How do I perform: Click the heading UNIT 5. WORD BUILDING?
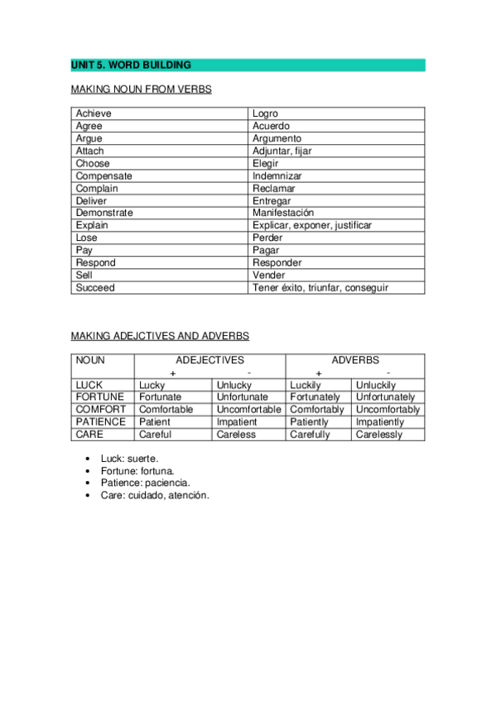pos(131,65)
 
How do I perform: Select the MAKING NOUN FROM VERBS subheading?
pos(141,89)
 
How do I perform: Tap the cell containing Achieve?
pos(94,113)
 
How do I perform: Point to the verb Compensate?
pos(104,175)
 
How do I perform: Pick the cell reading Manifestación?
pos(283,213)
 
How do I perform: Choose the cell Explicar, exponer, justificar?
pos(312,225)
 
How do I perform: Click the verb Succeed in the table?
pos(95,287)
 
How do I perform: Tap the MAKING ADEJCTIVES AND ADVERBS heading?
pos(160,335)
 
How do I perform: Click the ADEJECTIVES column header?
pos(209,360)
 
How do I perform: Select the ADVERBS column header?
pos(355,360)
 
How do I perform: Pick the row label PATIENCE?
pos(100,421)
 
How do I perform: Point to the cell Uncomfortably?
pos(388,410)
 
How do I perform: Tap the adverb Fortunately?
pos(315,397)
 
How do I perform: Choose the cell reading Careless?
pos(236,434)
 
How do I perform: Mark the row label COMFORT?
pos(101,409)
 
